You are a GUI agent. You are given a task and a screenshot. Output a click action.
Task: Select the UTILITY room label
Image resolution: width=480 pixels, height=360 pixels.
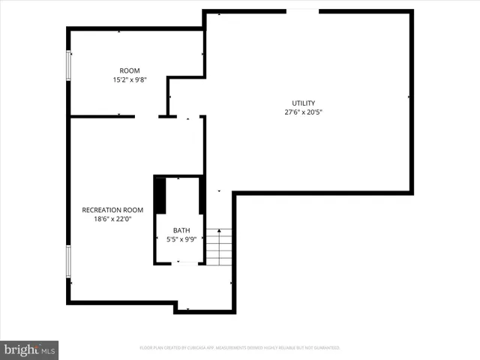[304, 103]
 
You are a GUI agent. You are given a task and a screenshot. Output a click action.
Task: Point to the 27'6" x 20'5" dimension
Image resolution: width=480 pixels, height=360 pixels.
[304, 112]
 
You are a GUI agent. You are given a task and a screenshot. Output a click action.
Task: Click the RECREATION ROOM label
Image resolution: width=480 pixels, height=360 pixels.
[112, 210]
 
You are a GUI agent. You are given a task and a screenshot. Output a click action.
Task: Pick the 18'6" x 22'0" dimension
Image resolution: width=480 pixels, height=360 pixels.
[112, 219]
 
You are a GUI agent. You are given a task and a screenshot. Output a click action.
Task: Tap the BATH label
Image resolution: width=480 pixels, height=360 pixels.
[181, 230]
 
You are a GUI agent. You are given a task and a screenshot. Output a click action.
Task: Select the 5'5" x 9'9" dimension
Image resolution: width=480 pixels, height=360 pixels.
[181, 239]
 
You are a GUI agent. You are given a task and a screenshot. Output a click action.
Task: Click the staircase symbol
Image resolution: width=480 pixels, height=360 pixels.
[219, 247]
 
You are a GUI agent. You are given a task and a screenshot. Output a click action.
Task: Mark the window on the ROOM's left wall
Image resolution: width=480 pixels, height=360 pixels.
[69, 65]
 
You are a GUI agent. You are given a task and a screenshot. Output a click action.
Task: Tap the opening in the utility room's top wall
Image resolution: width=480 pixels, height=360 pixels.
[303, 11]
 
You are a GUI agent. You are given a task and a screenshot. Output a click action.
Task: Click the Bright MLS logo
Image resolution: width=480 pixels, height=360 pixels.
[30, 349]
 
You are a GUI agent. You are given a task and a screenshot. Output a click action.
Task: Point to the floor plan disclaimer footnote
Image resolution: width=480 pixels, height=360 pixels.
[240, 348]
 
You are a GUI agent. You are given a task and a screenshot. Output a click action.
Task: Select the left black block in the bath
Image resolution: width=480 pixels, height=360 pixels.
[160, 195]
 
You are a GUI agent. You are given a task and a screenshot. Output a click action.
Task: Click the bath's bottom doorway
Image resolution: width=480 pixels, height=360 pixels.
[182, 262]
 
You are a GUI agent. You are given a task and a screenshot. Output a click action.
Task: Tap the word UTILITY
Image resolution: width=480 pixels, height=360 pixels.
[304, 103]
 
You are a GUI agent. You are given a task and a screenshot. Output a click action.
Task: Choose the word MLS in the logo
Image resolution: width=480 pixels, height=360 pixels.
[48, 350]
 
